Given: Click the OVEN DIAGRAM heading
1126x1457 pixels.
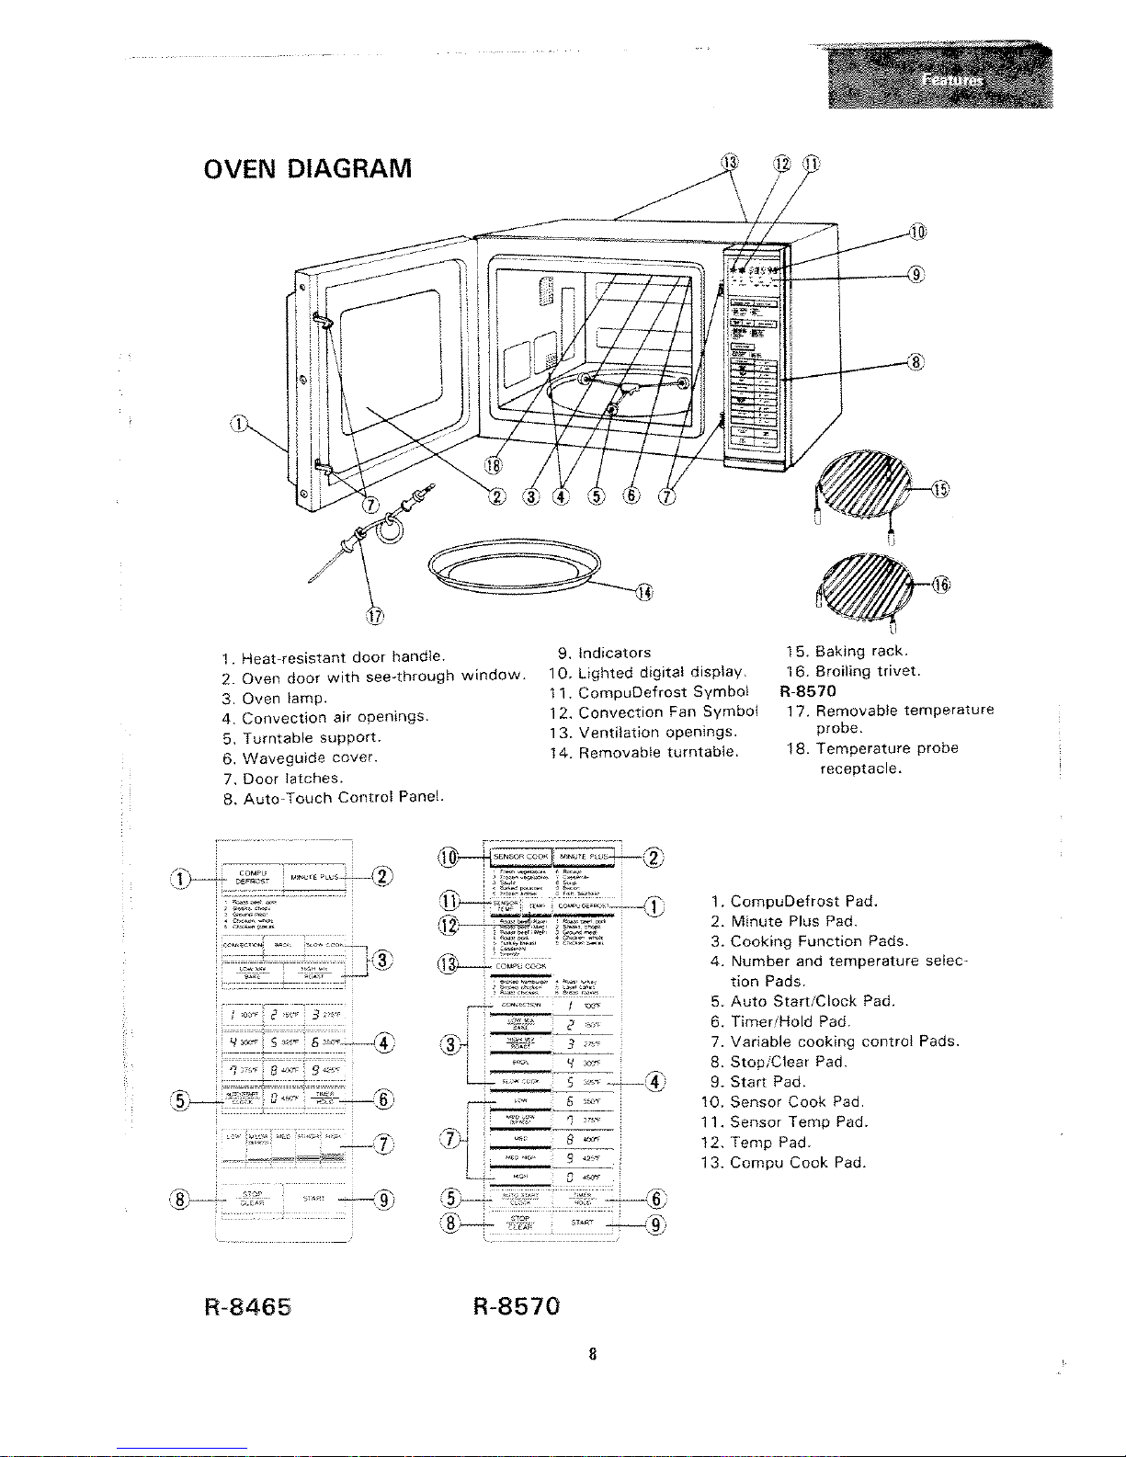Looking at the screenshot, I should [307, 169].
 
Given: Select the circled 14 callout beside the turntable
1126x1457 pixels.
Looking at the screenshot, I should [644, 593].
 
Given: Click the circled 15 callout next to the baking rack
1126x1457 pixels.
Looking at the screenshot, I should [939, 489].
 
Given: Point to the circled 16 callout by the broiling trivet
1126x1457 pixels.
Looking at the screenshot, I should [939, 584].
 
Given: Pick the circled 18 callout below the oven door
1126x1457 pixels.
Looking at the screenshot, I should [495, 462].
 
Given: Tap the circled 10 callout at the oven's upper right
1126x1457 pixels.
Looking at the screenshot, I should [916, 232].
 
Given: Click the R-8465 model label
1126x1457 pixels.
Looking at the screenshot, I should [247, 1305].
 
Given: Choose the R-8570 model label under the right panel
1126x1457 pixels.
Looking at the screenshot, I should [516, 1305].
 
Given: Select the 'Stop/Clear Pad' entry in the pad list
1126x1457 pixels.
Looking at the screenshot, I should [788, 1062].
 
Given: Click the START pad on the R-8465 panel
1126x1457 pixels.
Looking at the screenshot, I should [313, 1199].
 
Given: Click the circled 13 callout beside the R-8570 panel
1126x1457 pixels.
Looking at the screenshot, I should [449, 964].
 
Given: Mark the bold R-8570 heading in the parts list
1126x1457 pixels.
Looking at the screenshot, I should [808, 690].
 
